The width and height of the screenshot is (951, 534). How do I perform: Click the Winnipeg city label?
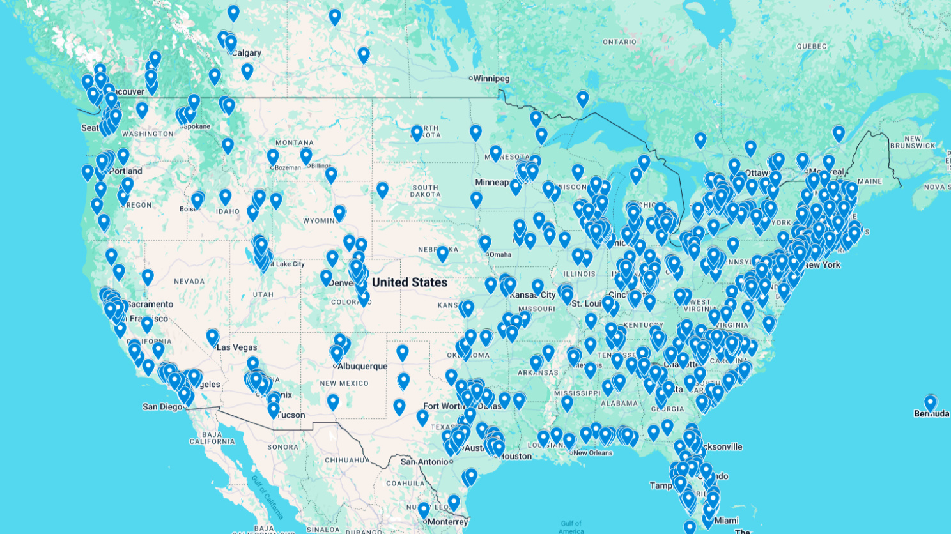[491, 79]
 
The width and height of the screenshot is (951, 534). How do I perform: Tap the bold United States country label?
[409, 282]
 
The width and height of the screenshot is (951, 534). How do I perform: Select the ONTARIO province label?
[619, 42]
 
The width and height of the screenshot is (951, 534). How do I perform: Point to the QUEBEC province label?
[812, 46]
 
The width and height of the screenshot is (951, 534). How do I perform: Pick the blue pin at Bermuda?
[930, 403]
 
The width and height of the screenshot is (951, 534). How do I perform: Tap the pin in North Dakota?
[417, 133]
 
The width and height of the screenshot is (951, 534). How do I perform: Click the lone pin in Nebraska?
[442, 253]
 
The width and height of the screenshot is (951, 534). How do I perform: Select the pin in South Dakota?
[382, 190]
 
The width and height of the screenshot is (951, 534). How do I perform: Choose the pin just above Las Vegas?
[212, 337]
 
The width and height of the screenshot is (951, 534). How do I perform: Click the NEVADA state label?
[189, 281]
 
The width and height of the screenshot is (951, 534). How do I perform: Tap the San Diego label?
[162, 406]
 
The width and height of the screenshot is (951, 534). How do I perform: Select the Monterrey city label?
[447, 522]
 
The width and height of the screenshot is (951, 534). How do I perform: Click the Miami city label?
[727, 521]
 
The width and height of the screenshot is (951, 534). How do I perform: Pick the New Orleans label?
[593, 453]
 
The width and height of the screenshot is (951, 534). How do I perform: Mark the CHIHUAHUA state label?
[347, 460]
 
